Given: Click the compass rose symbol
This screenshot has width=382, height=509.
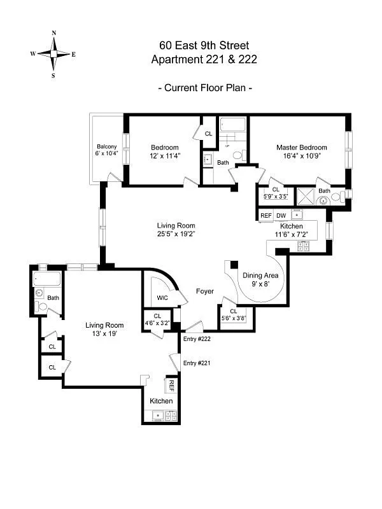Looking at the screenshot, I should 53,54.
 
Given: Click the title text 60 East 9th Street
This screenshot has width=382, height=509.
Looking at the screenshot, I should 204,45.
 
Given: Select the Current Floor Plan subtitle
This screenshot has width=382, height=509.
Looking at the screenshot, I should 204,88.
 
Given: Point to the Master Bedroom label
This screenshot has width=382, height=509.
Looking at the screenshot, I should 301,147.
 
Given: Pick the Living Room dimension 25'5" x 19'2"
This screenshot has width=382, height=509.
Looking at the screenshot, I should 176,234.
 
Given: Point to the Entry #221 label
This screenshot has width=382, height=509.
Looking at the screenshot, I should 197,363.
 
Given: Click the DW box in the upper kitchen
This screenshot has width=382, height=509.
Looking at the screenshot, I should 281,216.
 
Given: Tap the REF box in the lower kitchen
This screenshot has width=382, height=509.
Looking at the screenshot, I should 171,386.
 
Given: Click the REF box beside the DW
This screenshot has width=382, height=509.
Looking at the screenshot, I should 265,216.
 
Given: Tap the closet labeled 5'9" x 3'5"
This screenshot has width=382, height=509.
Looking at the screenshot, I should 276,193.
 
